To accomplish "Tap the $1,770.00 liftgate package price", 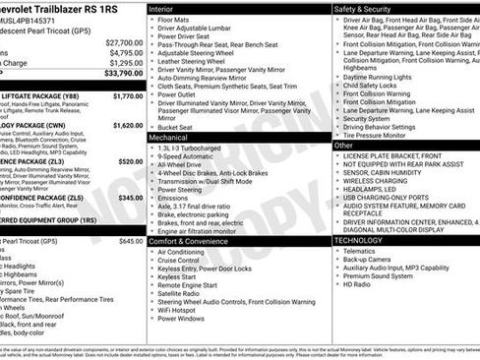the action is tap(128, 96).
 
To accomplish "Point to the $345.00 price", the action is tap(130, 198).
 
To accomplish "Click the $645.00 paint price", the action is tap(130, 241).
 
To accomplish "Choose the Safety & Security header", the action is tap(368, 8).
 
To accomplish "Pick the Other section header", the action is tap(344, 146).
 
